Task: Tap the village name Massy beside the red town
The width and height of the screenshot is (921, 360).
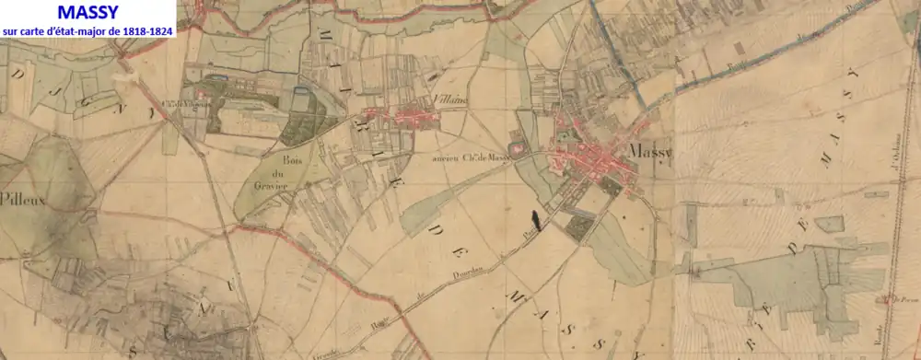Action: [650, 151]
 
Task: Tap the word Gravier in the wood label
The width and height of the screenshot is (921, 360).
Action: [274, 184]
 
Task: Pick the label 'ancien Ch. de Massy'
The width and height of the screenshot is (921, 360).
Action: [470, 158]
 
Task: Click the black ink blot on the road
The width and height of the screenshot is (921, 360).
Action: [533, 222]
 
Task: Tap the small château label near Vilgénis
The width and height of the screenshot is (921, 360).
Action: [181, 102]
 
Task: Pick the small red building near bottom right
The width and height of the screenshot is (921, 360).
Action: [882, 298]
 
